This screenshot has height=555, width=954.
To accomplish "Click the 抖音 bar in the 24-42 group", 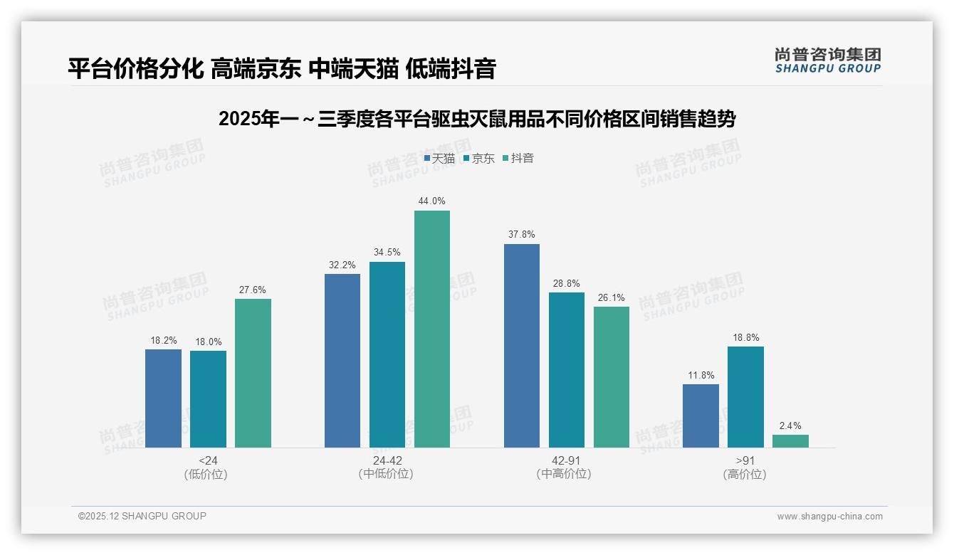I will coord(432,329).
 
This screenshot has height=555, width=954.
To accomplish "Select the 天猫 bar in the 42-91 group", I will coord(522,346).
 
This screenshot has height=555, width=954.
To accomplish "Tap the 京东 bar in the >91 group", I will coord(745,397).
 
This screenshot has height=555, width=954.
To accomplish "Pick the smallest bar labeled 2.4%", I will coord(790,441).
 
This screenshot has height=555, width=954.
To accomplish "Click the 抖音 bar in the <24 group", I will coord(253,373).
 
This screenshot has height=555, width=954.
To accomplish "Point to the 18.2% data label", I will coord(163,341).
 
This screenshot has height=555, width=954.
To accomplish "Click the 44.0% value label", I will coord(432,201).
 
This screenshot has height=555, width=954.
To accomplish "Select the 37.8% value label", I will coord(522,235).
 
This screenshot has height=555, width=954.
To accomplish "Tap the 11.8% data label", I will coord(701,376).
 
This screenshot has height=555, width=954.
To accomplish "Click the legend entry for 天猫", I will coord(439,159).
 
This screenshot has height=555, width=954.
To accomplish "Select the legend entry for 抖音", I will coord(518,159).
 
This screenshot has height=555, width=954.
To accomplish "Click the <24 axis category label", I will coord(208,460).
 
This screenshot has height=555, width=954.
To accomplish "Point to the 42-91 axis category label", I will coord(566,460).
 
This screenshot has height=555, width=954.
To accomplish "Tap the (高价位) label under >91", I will coord(745,474).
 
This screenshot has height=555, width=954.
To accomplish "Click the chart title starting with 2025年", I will coord(477,119).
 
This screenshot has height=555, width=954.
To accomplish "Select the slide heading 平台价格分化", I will coord(282,69).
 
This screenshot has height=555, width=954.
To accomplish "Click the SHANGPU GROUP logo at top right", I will coord(827,60).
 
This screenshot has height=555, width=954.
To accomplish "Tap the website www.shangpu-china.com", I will coord(829,517).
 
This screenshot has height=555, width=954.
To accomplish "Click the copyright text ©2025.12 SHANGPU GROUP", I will coord(142,517).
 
